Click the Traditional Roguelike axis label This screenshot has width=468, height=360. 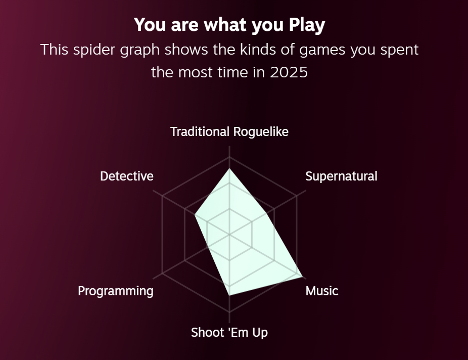click(229, 132)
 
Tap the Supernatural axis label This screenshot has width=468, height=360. click(341, 176)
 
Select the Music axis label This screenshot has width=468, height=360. click(322, 291)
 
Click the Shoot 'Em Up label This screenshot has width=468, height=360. click(229, 333)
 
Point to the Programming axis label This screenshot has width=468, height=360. click(116, 291)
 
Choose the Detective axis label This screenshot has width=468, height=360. click(126, 176)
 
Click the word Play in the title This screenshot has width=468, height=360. click(307, 25)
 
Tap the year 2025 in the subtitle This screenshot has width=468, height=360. click(289, 72)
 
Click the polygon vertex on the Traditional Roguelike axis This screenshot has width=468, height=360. click(229, 169)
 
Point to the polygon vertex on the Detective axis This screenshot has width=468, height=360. click(195, 214)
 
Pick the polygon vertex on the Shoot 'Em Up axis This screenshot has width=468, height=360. click(229, 295)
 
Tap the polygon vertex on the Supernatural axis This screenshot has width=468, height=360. click(266, 213)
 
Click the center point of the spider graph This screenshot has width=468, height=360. click(229, 235)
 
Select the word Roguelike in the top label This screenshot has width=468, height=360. click(261, 132)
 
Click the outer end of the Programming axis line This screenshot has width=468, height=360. click(153, 279)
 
